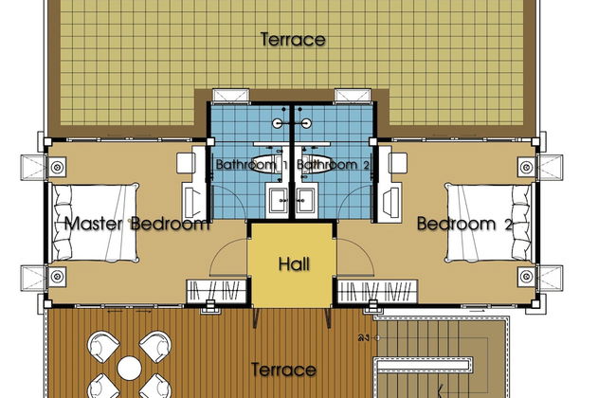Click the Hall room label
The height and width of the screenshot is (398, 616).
pyautogui.click(x=294, y=264)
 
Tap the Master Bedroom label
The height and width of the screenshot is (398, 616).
pyautogui.click(x=136, y=224)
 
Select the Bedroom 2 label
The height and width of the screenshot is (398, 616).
pyautogui.click(x=464, y=224)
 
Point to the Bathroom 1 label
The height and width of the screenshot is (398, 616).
pyautogui.click(x=252, y=164)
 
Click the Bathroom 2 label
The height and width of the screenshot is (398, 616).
pyautogui.click(x=334, y=164)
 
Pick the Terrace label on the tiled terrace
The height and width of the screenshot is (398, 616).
pyautogui.click(x=293, y=39)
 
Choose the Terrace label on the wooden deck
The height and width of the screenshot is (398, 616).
pyautogui.click(x=283, y=370)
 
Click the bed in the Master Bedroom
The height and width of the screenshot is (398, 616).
pyautogui.click(x=96, y=223)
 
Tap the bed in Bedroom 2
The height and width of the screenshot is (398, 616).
pyautogui.click(x=488, y=223)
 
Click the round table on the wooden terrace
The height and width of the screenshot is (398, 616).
pyautogui.click(x=129, y=368)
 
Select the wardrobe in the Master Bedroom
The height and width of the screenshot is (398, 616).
pyautogui.click(x=216, y=291)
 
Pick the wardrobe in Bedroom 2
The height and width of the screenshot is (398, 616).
pyautogui.click(x=377, y=291)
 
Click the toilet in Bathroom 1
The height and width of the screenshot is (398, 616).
pyautogui.click(x=263, y=164)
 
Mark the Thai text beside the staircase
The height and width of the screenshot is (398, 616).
pyautogui.click(x=363, y=337)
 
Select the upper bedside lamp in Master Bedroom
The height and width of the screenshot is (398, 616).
pyautogui.click(x=57, y=168)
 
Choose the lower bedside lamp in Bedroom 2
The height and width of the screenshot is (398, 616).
pyautogui.click(x=526, y=276)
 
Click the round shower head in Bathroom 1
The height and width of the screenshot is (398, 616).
pyautogui.click(x=278, y=123)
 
